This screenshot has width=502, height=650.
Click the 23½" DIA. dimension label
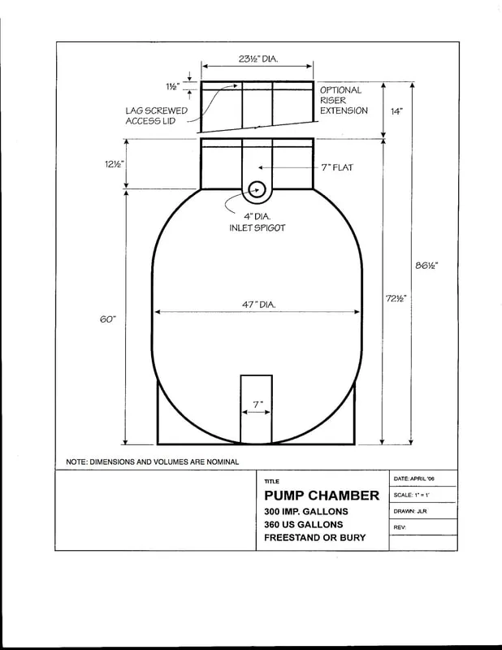(258, 58)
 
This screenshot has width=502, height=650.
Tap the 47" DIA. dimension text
(258, 305)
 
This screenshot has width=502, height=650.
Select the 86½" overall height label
(426, 266)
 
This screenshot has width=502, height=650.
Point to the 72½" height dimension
(396, 298)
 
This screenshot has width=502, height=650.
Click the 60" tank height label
(108, 319)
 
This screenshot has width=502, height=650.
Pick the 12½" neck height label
(115, 164)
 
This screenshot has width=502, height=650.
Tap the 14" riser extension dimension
(396, 111)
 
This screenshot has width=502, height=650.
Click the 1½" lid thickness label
(173, 87)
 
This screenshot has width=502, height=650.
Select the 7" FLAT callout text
(337, 167)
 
